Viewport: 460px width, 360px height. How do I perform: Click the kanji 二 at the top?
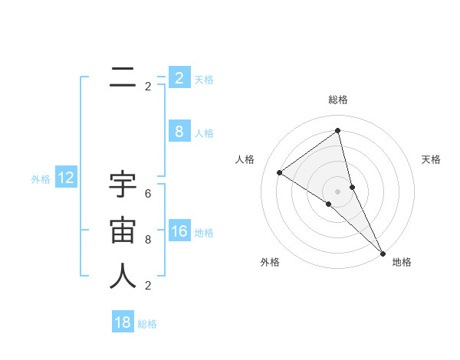[x=123, y=77]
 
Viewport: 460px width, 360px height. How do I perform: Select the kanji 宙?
[x=123, y=231]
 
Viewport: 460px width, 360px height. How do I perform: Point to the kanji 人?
[x=123, y=277]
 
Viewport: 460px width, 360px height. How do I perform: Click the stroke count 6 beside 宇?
[x=148, y=194]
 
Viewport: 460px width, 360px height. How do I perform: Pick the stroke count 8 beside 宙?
[x=148, y=240]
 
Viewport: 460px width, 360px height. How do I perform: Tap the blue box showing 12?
[x=66, y=178]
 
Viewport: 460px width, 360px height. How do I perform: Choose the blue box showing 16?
[x=179, y=231]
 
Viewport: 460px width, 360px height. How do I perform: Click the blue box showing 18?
[x=123, y=322]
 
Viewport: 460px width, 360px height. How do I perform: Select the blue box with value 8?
[x=179, y=132]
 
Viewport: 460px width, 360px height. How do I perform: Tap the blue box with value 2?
[x=179, y=78]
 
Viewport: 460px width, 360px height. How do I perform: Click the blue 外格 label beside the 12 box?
[x=41, y=179]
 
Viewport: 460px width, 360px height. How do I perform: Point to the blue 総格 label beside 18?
[x=147, y=324]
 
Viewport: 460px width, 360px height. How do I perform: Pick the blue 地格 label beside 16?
[x=204, y=233]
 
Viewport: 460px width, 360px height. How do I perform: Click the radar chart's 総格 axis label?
[x=338, y=100]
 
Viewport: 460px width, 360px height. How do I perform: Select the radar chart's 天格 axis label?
[x=431, y=159]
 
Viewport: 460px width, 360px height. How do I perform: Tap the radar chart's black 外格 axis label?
[x=270, y=262]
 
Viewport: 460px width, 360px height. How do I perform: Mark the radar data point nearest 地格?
[x=383, y=252]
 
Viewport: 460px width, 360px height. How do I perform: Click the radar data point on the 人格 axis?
[x=279, y=172]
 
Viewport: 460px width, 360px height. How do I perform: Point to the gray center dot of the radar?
[x=337, y=191]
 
